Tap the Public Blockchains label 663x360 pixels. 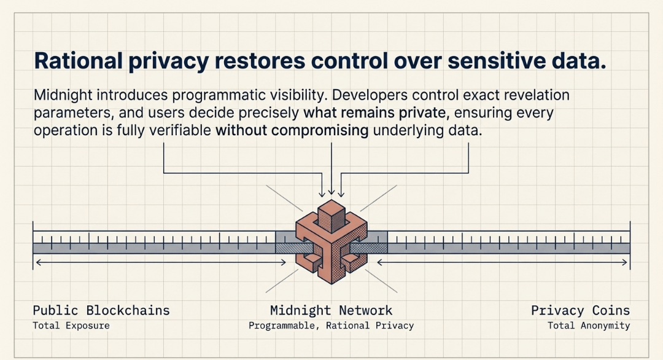[101, 310]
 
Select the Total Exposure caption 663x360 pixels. [71, 326]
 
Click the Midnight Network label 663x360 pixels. [331, 310]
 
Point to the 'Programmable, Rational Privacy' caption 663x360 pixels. [331, 326]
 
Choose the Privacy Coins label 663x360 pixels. [580, 310]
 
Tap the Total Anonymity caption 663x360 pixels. [589, 326]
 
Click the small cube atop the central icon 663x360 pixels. [331, 214]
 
